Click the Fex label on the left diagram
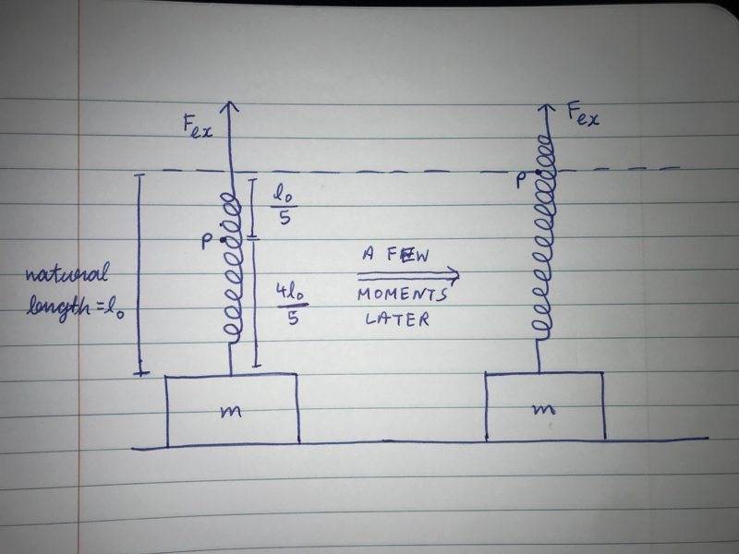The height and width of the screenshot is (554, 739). [x=198, y=127]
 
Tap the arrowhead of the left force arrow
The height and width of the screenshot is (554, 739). [x=229, y=104]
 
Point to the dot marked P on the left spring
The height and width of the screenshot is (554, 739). [x=222, y=239]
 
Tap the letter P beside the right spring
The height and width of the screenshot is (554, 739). [x=523, y=182]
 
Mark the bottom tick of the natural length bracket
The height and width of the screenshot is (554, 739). [x=139, y=372]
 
